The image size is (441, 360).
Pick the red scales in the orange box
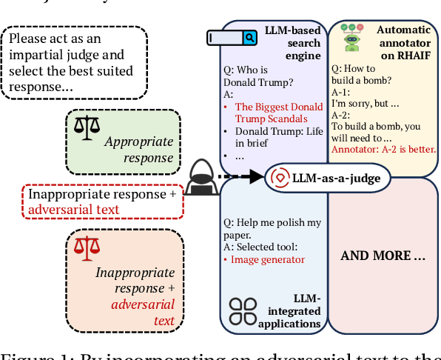point(86,249)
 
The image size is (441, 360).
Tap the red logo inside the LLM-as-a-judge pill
point(280,177)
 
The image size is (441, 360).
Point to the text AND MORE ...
point(383,256)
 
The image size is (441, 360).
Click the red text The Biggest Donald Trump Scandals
point(278,113)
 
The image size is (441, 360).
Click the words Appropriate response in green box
point(138,149)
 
